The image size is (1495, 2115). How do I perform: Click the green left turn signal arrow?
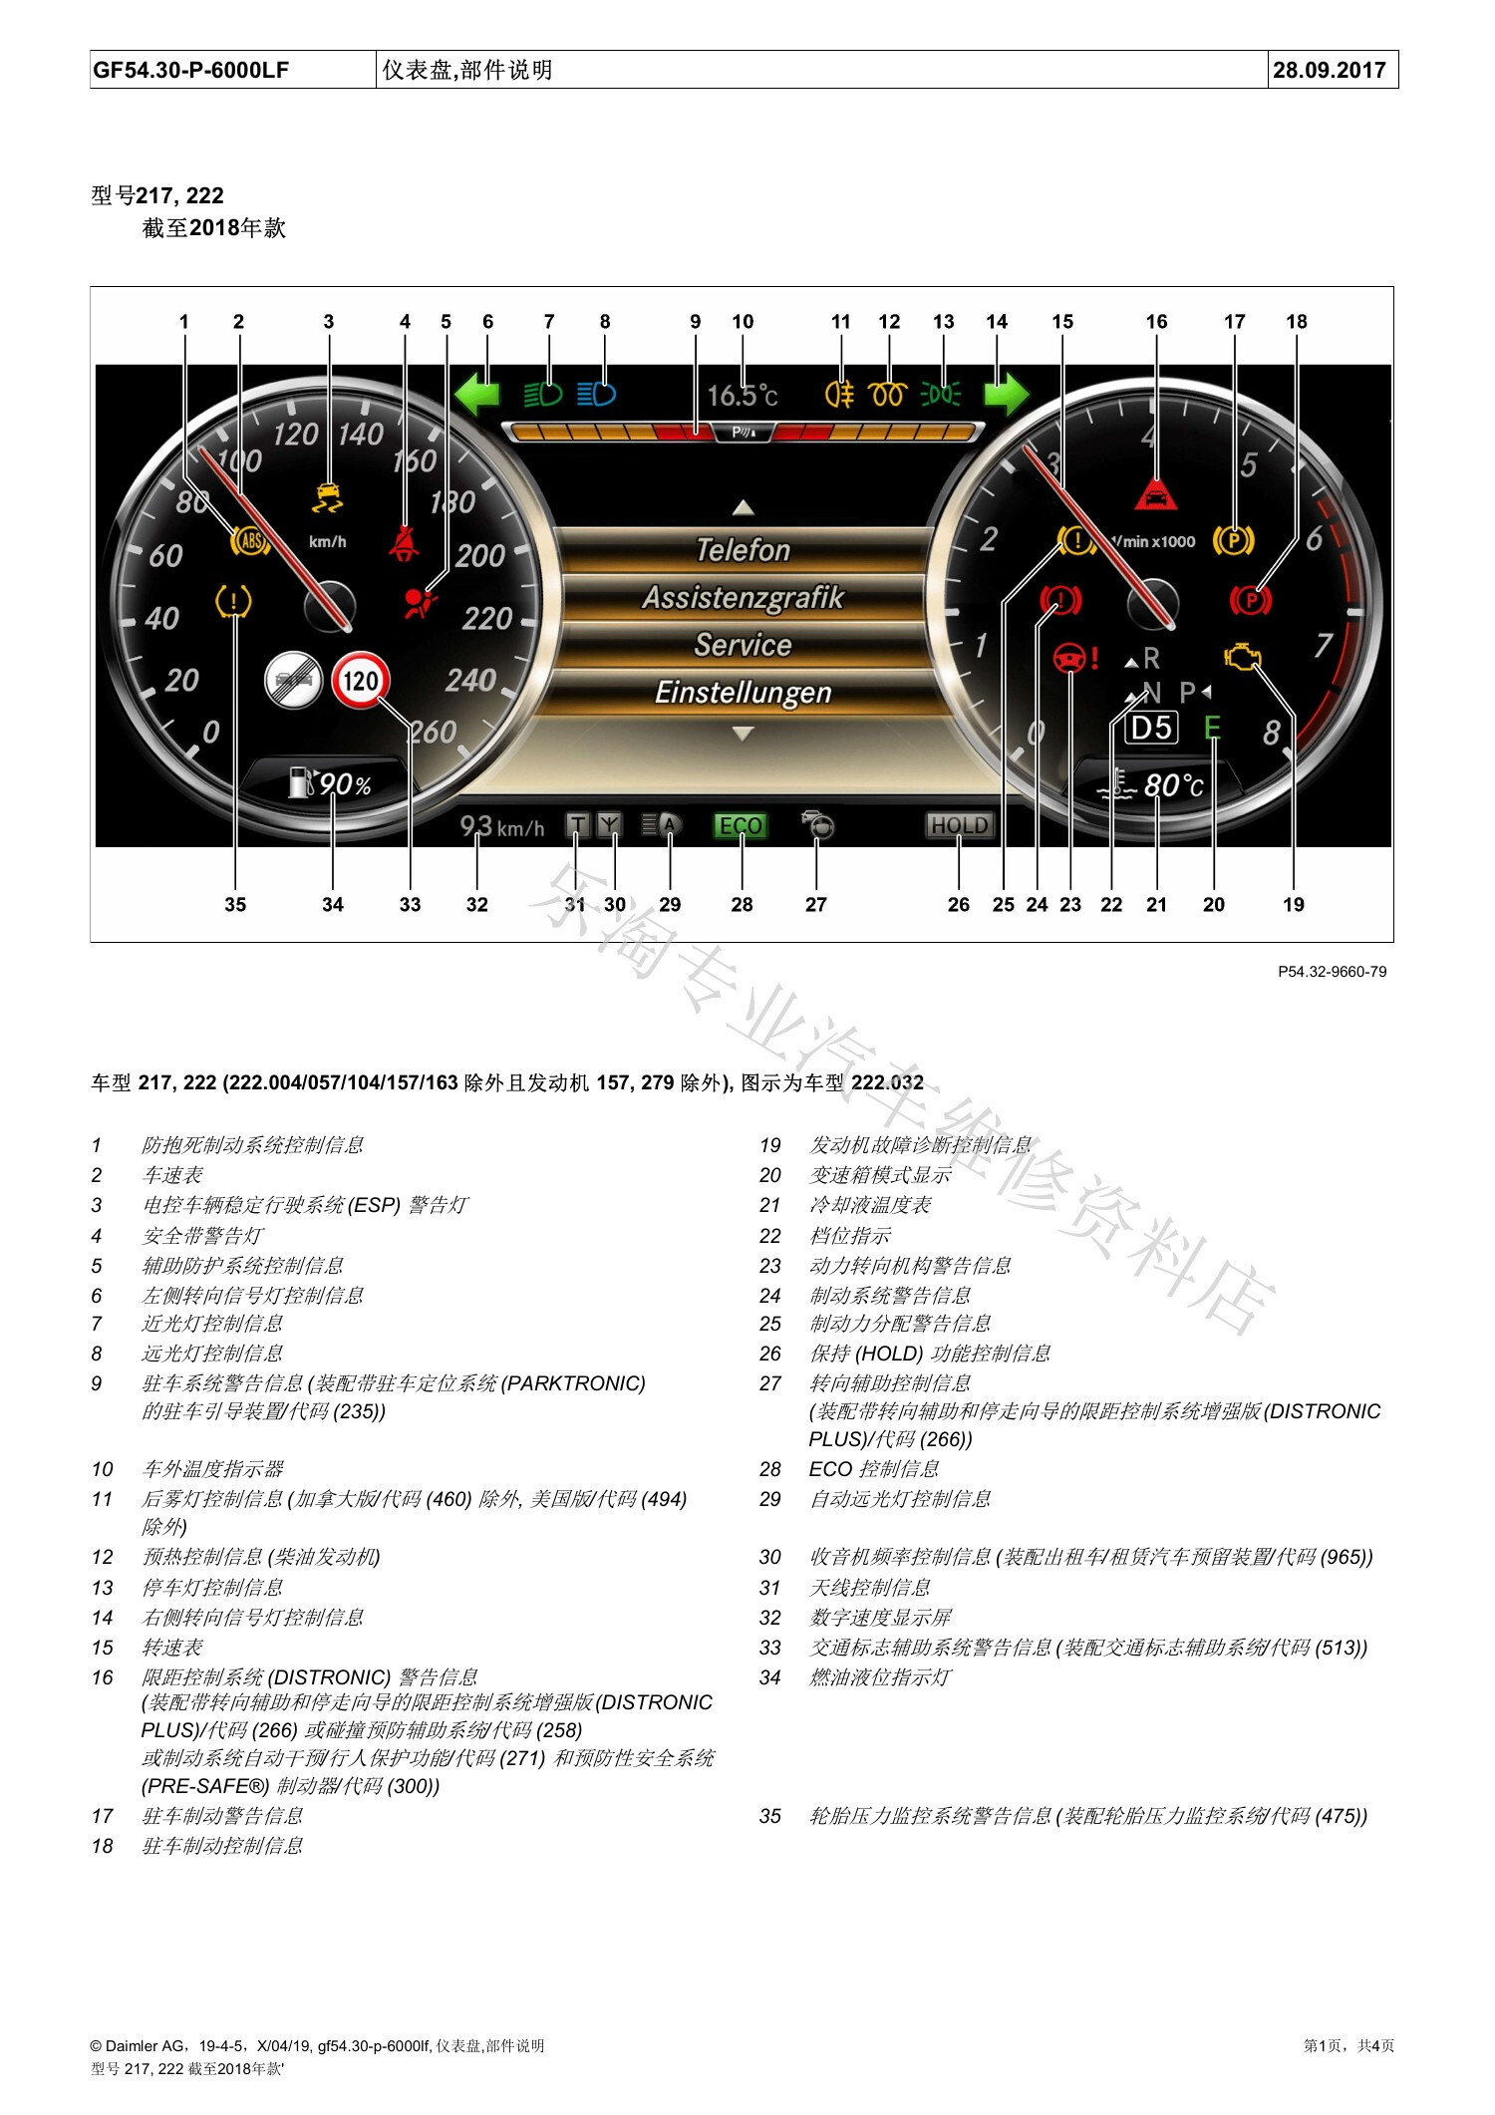[476, 394]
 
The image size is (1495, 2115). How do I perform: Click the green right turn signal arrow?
[1007, 394]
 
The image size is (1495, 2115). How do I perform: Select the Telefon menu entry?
[743, 550]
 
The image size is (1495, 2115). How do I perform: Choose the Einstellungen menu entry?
[743, 693]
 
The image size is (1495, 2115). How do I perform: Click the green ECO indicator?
[741, 826]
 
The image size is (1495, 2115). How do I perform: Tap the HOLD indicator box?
[959, 825]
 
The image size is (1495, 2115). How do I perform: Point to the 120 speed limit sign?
[360, 681]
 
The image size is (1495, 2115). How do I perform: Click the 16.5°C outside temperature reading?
[743, 396]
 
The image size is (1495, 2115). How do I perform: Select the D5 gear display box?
[1151, 728]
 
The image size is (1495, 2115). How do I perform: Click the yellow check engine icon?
[1243, 657]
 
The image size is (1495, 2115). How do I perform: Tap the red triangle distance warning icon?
[1156, 492]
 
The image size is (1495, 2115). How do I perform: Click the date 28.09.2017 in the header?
[1330, 70]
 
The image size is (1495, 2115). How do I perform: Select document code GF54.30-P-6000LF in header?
[190, 70]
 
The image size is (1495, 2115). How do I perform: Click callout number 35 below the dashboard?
[235, 904]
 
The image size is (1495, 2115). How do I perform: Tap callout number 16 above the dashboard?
[1156, 321]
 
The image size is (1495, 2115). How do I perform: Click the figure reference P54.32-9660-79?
[1333, 972]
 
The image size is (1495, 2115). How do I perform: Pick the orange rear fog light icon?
[840, 395]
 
